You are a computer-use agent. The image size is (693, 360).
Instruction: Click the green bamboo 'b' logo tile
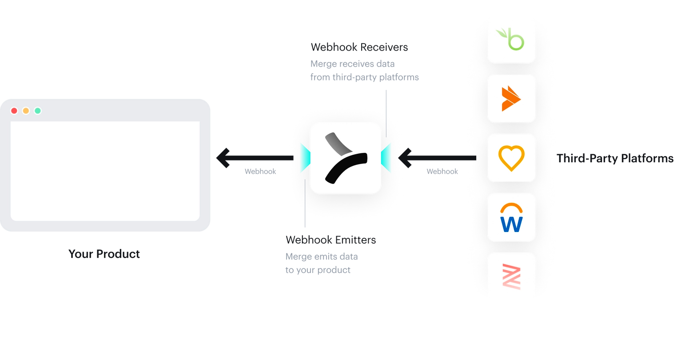pos(511,40)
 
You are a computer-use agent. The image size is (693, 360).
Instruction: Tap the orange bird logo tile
pos(511,99)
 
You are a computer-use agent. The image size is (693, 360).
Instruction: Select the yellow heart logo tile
pos(511,158)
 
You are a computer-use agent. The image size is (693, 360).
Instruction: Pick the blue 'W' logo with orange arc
pos(511,217)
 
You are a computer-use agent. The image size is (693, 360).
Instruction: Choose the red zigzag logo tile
pos(511,276)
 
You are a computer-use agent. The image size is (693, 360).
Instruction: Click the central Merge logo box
pos(346,158)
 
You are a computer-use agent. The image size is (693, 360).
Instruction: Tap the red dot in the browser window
pos(14,111)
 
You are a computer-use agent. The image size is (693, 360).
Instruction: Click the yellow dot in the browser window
pos(26,111)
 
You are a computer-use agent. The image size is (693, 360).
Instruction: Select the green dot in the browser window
pos(38,111)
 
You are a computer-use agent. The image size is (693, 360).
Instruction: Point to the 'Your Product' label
pos(104,254)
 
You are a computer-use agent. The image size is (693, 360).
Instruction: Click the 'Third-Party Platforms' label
pos(615,158)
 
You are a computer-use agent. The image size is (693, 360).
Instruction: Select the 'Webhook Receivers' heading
pos(359,47)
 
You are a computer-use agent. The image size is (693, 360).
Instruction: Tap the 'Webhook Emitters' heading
pos(331,240)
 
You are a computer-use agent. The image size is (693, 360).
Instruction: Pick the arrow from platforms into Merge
pos(438,157)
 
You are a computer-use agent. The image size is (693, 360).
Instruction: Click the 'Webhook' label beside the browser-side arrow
pos(260,172)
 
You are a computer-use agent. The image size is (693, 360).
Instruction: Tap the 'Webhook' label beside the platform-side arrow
pos(442,172)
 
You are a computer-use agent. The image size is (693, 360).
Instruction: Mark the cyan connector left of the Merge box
pos(305,158)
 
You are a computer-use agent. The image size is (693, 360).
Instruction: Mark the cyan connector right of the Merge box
pos(386,158)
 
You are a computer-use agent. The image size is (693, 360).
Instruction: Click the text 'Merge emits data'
pos(322,257)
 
